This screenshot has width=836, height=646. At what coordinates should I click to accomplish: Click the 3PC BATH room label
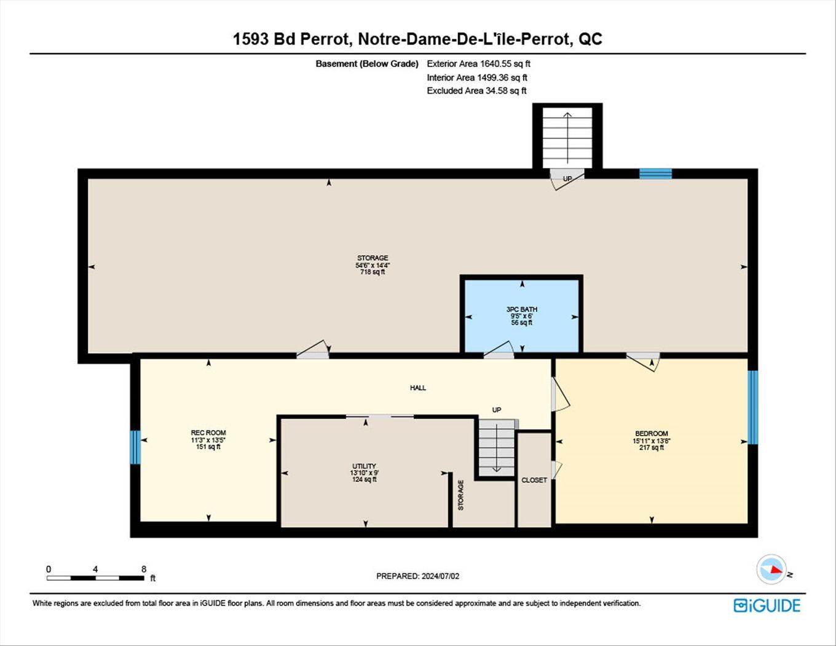click(x=521, y=309)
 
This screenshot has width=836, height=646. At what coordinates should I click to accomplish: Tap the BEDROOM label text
click(x=651, y=433)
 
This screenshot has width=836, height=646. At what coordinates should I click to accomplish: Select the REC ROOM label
click(x=208, y=433)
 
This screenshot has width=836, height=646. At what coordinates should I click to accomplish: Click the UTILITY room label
click(x=365, y=466)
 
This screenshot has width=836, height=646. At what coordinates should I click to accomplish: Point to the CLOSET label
click(x=534, y=480)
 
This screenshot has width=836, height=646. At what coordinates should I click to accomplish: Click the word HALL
click(x=418, y=388)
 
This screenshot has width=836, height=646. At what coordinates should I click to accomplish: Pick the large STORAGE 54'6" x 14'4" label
click(x=373, y=265)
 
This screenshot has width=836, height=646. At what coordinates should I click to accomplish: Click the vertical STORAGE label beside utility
click(x=461, y=495)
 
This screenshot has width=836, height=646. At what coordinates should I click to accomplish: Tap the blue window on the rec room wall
click(x=135, y=447)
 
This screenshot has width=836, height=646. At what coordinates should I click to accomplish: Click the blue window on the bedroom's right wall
click(x=752, y=407)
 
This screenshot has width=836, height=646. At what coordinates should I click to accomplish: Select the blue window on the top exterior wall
click(x=655, y=173)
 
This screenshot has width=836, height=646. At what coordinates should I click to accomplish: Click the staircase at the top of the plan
click(x=567, y=138)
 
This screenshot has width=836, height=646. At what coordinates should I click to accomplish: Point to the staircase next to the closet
click(x=496, y=449)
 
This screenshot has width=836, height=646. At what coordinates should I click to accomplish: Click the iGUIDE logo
click(x=767, y=605)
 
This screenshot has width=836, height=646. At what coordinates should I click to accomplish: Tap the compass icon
click(x=771, y=570)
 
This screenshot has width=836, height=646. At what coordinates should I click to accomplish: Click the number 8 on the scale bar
click(x=144, y=569)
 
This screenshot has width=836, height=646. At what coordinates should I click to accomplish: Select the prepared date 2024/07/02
click(x=418, y=576)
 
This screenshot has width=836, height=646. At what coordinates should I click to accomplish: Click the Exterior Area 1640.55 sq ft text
click(x=478, y=63)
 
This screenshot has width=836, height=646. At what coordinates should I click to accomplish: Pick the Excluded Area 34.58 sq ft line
click(x=476, y=90)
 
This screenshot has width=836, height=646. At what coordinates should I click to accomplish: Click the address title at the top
click(x=417, y=39)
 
